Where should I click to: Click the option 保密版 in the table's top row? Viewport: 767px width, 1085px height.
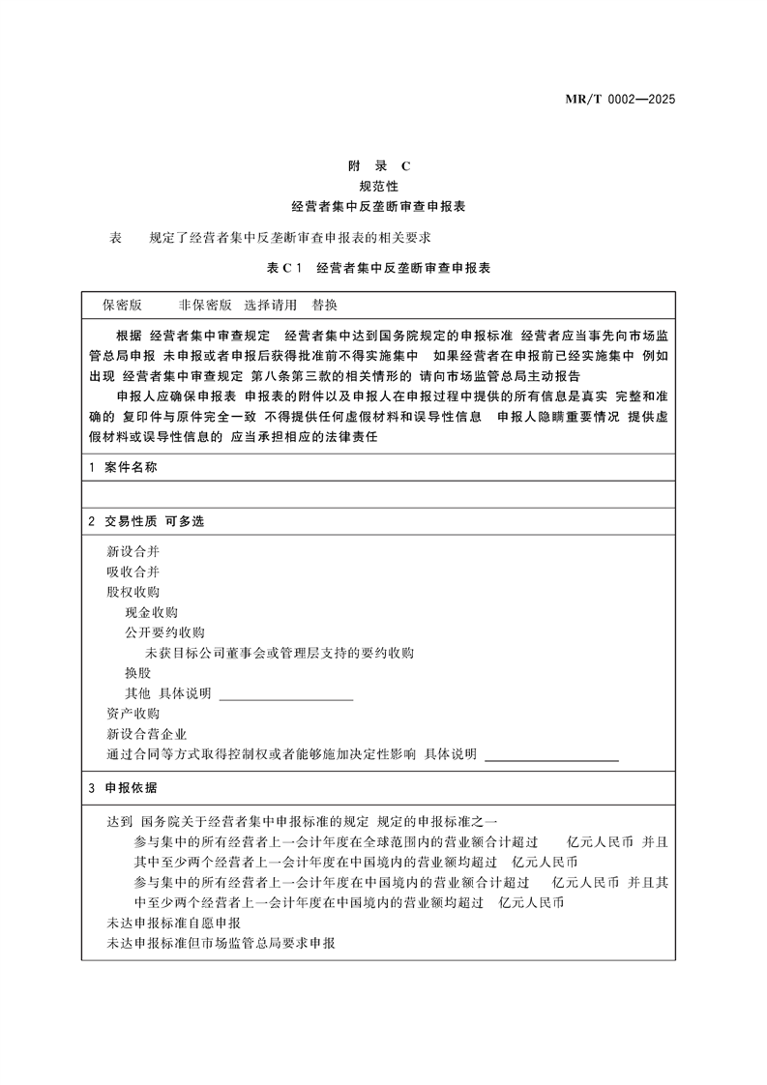click(123, 305)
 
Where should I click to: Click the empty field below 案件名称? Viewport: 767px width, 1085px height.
click(378, 494)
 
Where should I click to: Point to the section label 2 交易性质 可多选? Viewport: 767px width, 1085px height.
click(145, 521)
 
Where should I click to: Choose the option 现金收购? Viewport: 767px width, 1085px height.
click(151, 612)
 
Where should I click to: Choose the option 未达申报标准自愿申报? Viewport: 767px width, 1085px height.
click(173, 923)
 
